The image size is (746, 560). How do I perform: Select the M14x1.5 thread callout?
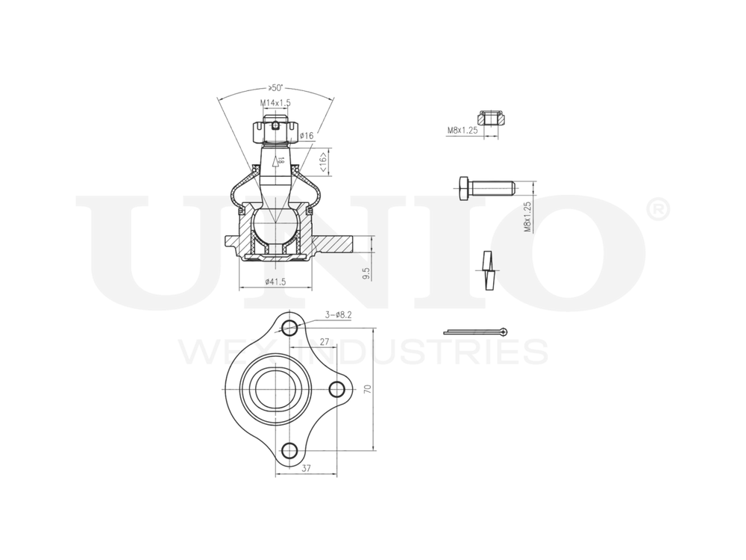click(275, 102)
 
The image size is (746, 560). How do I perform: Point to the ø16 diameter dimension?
click(306, 136)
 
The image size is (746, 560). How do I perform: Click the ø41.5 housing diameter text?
click(276, 281)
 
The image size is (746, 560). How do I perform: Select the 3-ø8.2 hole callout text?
click(338, 315)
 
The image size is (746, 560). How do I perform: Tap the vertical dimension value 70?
click(367, 389)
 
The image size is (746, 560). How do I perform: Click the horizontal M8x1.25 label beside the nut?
click(462, 130)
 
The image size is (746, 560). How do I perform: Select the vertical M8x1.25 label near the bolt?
click(527, 217)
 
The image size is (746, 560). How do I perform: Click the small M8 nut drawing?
click(492, 117)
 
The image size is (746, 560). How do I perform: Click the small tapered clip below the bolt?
click(488, 270)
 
